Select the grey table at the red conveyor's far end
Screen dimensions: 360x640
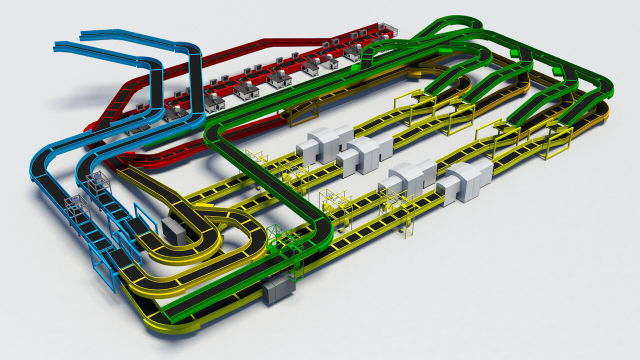coord(387,29)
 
